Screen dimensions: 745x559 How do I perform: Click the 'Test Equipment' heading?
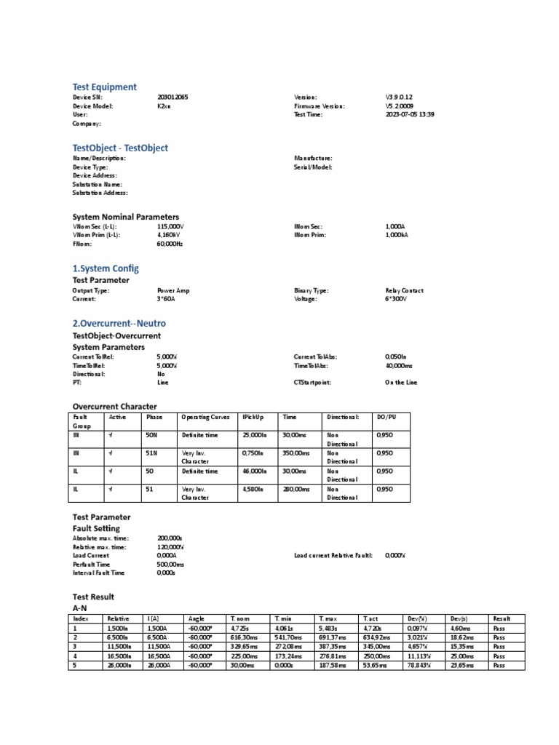click(x=104, y=87)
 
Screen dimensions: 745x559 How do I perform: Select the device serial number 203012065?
click(x=172, y=97)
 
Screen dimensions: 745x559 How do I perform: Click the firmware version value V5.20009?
click(x=400, y=106)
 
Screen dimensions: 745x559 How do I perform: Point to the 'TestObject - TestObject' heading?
click(x=120, y=148)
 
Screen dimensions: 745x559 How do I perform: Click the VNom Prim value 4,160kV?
click(x=170, y=236)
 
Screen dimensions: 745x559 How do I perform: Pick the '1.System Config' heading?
click(x=105, y=268)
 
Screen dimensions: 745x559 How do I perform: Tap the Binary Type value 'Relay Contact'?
click(x=404, y=290)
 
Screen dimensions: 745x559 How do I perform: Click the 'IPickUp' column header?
click(x=253, y=418)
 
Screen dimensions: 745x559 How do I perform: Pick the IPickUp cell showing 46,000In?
click(x=255, y=471)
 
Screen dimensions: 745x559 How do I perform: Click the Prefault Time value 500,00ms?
click(x=170, y=564)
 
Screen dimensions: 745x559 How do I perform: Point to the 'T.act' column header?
click(x=371, y=618)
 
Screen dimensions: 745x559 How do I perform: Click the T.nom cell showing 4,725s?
click(x=240, y=627)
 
